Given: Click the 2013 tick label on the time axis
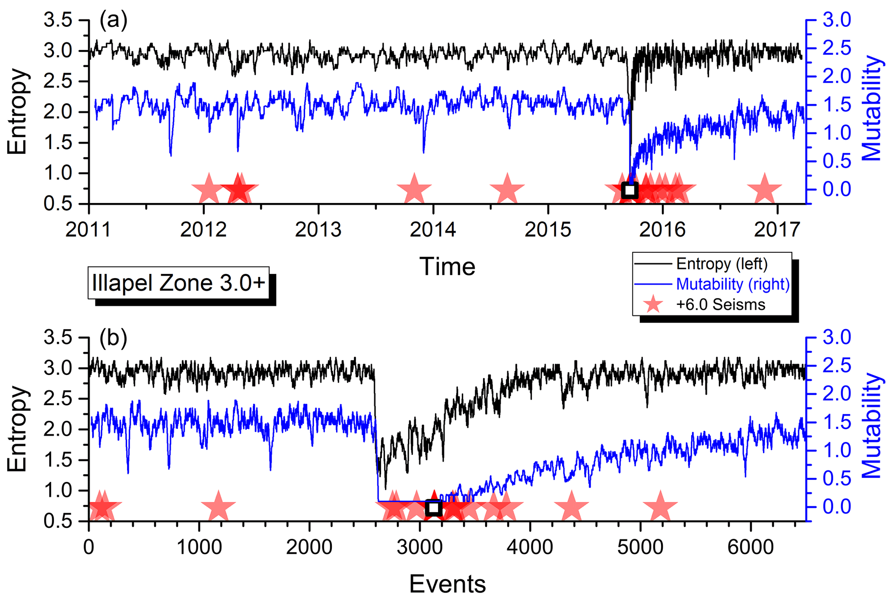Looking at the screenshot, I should coord(318,229).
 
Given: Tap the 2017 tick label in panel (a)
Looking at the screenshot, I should coord(777,229).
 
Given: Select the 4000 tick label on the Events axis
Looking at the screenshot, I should coord(530,547).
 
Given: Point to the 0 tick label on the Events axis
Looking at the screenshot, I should coord(89,547).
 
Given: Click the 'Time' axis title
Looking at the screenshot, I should coord(447,267).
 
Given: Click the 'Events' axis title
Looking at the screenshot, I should coord(447,584).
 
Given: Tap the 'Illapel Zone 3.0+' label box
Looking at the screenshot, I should coord(178,283).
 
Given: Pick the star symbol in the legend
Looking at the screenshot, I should coord(653,305).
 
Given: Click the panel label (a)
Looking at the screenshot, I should coord(113,20).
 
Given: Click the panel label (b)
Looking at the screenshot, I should coord(113,338).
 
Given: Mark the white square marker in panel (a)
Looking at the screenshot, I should coord(629,190).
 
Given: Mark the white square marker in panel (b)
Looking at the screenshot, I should coord(433,508).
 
